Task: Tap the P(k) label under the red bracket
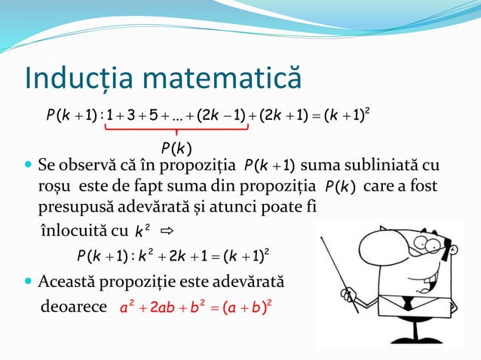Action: pyautogui.click(x=176, y=146)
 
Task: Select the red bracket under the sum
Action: pyautogui.click(x=176, y=129)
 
